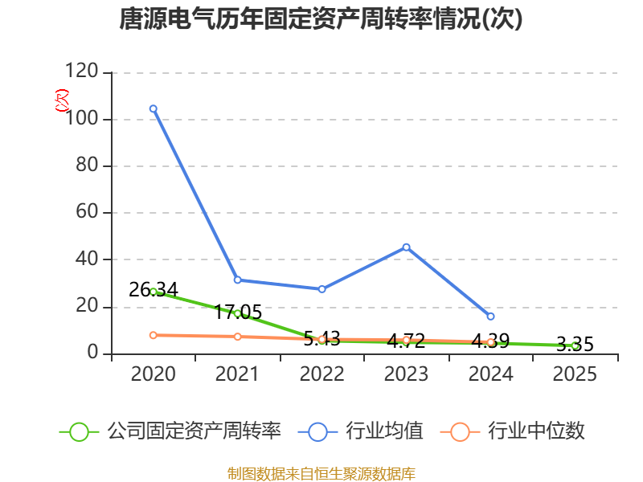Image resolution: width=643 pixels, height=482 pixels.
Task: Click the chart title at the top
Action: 321,18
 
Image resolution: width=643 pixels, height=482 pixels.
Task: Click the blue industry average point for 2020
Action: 154,108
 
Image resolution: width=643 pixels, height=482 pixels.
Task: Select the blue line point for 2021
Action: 237,280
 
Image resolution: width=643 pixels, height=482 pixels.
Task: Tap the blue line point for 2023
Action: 407,247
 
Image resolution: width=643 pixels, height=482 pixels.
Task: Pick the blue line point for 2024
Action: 490,317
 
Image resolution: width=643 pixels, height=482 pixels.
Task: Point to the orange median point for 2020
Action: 154,335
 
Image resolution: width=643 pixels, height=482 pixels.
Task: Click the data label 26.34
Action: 154,290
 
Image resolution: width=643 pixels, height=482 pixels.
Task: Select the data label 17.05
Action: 238,312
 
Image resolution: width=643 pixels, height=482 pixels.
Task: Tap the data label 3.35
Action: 575,345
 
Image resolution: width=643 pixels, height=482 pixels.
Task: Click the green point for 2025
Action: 575,346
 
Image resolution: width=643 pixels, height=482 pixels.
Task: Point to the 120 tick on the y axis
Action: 82,71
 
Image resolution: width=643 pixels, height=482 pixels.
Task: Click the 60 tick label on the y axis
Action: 87,211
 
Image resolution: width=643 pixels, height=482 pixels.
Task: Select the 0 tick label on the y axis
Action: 92,352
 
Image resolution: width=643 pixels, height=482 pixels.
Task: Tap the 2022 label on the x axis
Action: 322,374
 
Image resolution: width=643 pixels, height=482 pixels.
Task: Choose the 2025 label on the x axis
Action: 575,374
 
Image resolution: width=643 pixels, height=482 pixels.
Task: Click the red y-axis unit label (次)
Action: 62,100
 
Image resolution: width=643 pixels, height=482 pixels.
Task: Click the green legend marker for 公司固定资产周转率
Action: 79,432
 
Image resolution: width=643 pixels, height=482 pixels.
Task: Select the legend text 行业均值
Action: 384,431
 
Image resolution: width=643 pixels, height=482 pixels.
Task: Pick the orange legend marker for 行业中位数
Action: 460,432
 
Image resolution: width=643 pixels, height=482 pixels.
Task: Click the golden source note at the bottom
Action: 321,474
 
